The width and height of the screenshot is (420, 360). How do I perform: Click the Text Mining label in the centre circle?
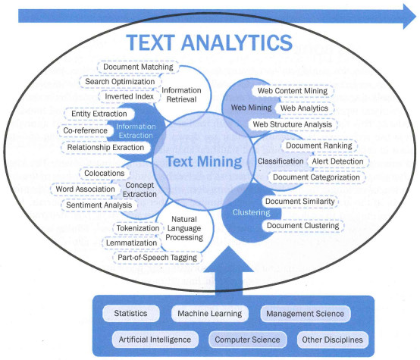click(x=204, y=161)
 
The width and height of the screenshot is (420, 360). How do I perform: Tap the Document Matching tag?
click(x=138, y=67)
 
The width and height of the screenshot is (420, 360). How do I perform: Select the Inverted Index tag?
click(x=129, y=96)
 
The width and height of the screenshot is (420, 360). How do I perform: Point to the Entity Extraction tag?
click(x=99, y=114)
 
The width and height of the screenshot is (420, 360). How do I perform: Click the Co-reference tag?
click(x=85, y=130)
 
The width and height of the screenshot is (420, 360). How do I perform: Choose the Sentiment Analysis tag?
click(x=99, y=205)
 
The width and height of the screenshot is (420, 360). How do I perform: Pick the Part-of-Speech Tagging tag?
click(x=157, y=258)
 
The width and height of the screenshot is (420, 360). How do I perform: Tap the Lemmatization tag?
click(x=131, y=243)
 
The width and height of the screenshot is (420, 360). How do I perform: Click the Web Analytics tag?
click(x=304, y=108)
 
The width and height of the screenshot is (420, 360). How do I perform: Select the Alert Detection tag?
click(x=337, y=161)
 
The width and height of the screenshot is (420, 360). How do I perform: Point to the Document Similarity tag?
click(x=299, y=202)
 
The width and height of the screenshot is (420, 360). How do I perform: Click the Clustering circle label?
click(x=251, y=212)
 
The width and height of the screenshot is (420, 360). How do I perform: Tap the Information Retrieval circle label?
click(x=181, y=95)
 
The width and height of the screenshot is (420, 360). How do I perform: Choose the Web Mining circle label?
click(x=251, y=108)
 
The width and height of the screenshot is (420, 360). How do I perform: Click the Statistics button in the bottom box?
click(x=130, y=314)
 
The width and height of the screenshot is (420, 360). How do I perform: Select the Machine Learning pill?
click(x=210, y=314)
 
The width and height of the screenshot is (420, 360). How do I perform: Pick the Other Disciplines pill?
click(x=332, y=340)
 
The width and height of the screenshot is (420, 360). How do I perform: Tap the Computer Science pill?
click(x=247, y=340)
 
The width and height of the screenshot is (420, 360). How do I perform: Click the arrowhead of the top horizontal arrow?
click(x=409, y=17)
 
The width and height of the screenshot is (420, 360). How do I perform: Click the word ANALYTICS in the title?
click(x=237, y=42)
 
